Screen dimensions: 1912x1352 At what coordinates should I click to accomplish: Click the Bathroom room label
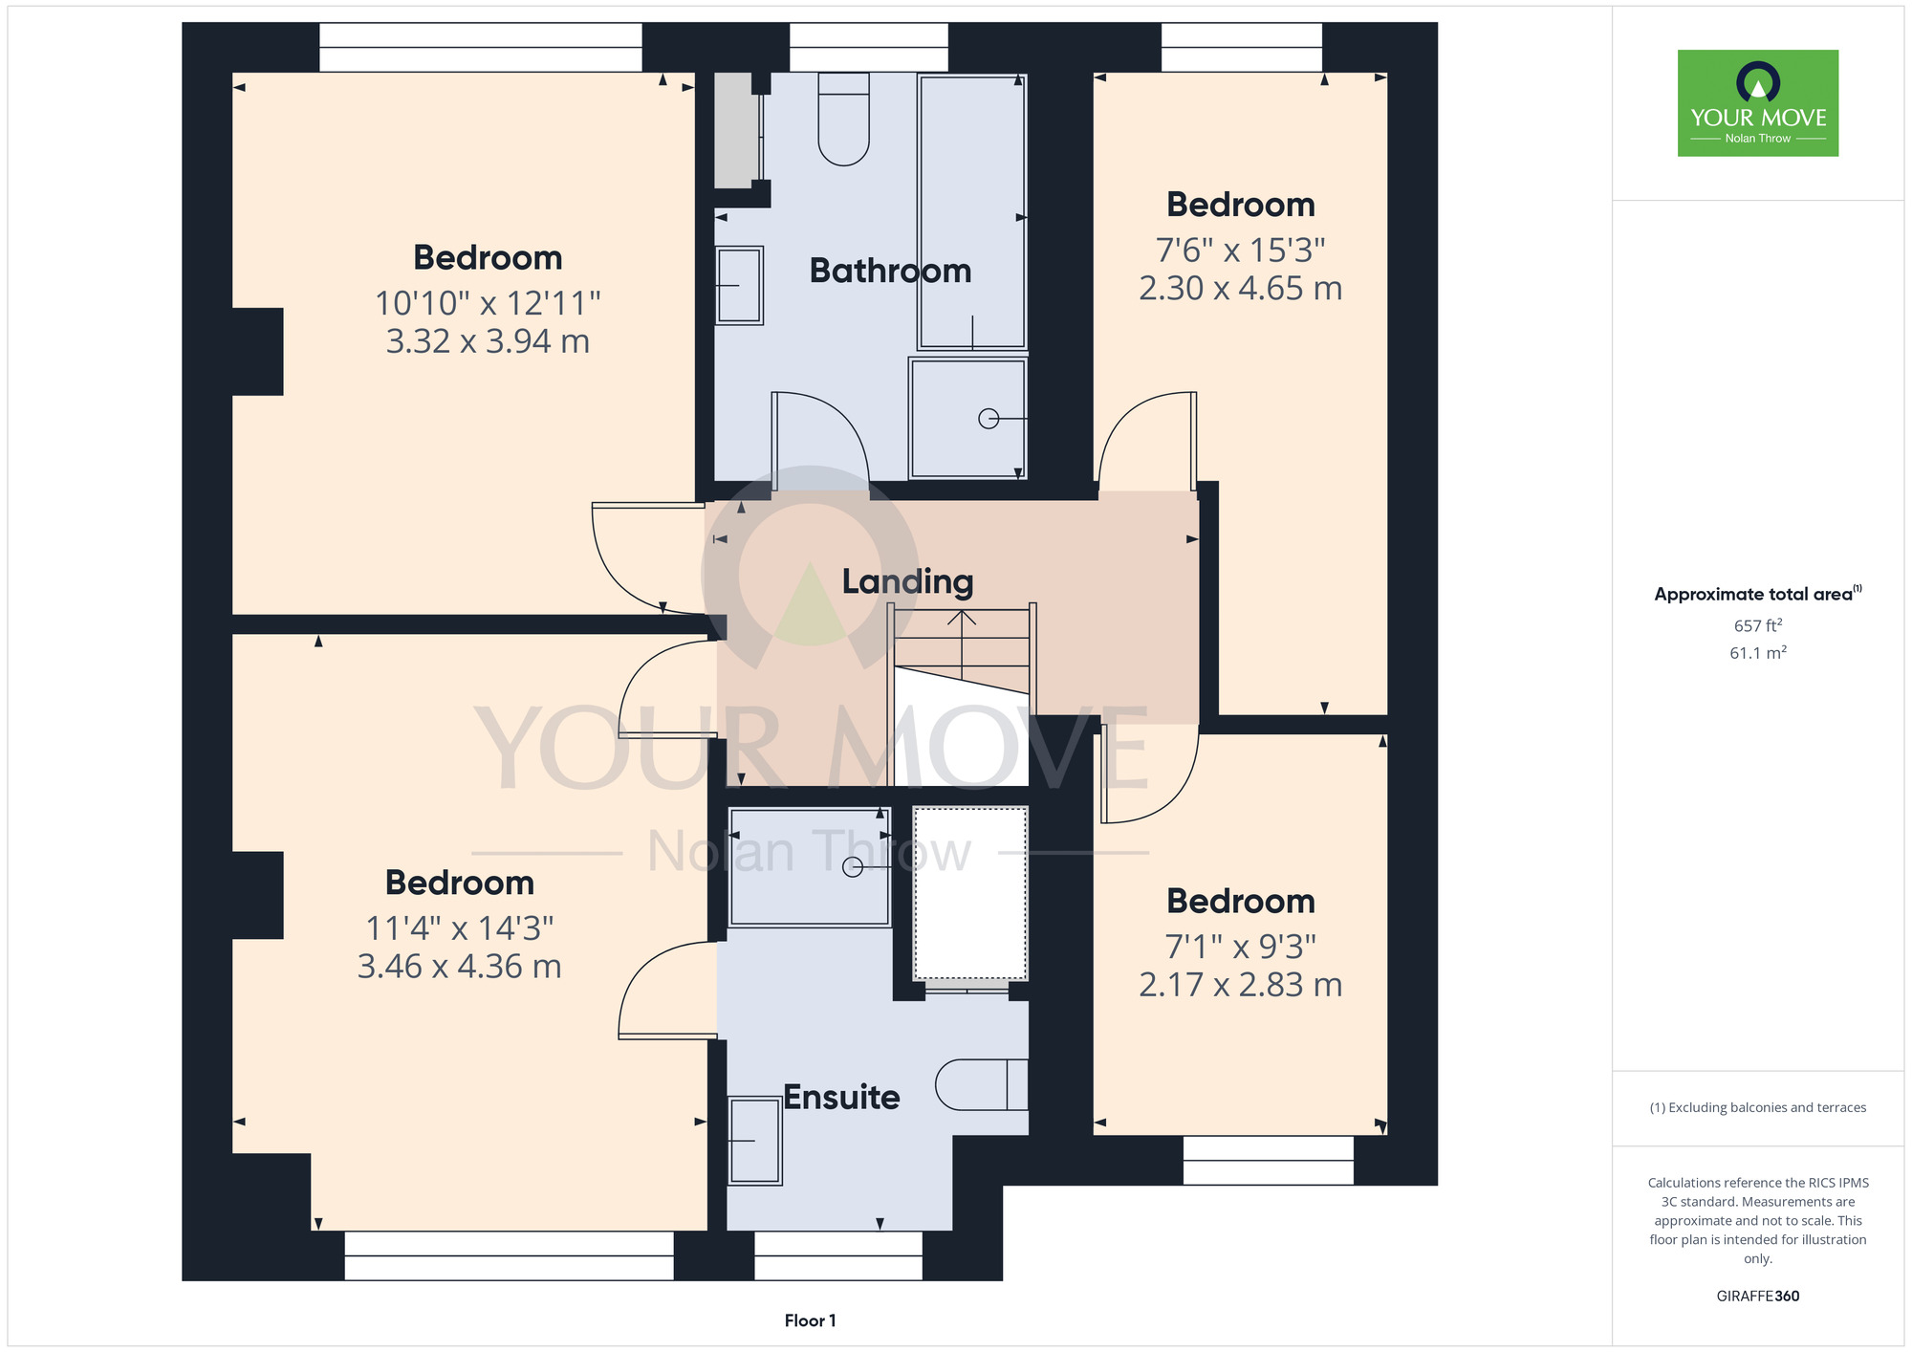pos(890,271)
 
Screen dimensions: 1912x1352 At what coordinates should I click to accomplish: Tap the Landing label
pos(907,581)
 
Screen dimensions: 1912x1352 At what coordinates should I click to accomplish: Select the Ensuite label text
pos(841,1097)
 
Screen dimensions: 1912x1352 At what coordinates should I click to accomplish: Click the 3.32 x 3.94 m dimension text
pos(488,341)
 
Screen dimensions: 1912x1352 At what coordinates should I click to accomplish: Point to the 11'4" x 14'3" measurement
pos(460,927)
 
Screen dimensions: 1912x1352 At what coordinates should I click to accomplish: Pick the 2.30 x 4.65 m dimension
pos(1241,288)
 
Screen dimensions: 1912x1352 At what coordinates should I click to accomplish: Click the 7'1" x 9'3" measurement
pos(1241,947)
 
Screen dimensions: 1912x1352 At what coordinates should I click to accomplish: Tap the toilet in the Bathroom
pos(844,120)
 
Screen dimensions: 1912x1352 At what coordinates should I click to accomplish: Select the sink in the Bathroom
pos(739,285)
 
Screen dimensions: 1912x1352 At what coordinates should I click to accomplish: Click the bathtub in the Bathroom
pos(972,211)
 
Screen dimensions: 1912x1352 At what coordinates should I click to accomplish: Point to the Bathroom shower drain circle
pos(989,419)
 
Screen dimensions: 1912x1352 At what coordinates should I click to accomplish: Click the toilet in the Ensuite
pos(982,1084)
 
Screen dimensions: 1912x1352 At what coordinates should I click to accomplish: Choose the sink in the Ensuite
pos(754,1141)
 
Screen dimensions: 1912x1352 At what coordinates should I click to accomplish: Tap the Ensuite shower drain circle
pos(853,867)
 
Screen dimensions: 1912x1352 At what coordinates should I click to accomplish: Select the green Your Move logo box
pos(1758,103)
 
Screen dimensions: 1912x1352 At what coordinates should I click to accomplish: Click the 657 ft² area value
pos(1758,625)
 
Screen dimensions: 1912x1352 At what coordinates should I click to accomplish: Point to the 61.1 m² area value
pos(1758,653)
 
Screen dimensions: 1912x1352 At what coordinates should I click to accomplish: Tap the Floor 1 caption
pos(810,1320)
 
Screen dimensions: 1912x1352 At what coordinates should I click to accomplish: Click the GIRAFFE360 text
pos(1758,1297)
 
